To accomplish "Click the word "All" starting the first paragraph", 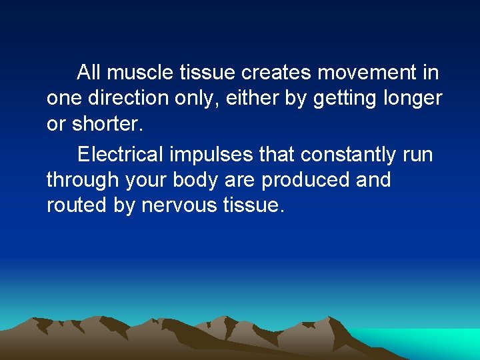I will pos(89,72).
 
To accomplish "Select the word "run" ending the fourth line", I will pos(418,155).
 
